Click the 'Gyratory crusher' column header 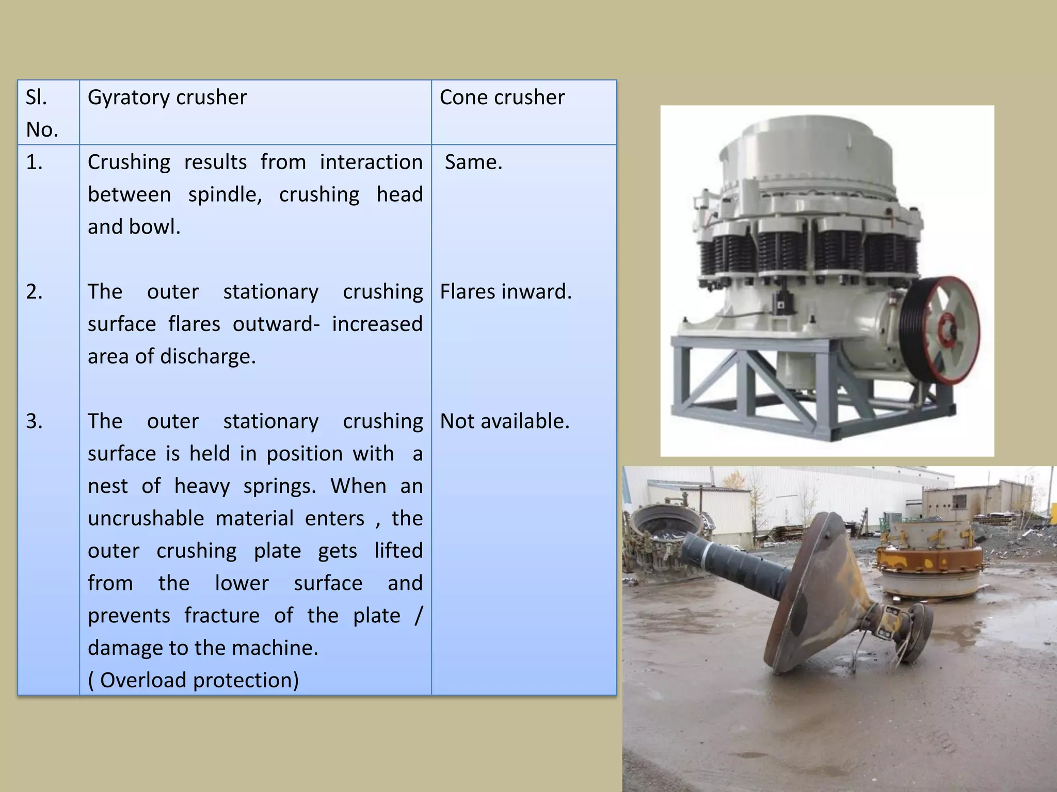coord(167,97)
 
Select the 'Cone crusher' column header coord(502,97)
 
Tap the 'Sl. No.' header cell coord(41,113)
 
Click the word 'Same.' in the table coord(473,162)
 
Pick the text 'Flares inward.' coord(505,292)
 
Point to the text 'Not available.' coord(504,421)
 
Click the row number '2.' coord(34,292)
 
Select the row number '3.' coord(34,421)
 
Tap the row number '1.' coord(34,162)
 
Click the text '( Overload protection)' coord(194,680)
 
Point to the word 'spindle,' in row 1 coord(225,195)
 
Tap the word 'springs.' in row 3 coord(279,486)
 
